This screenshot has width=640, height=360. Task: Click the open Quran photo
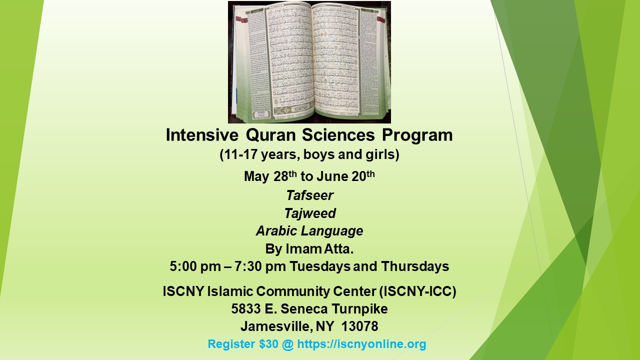[x=309, y=62]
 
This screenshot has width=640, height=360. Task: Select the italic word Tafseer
[x=309, y=195]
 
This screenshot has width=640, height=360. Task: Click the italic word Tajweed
[x=309, y=213]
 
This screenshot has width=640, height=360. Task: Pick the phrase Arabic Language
[x=309, y=231]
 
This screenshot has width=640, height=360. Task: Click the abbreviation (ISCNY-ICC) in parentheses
[x=418, y=291]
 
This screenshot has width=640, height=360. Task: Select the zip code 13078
[x=360, y=327]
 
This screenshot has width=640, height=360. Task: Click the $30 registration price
[x=254, y=344]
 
